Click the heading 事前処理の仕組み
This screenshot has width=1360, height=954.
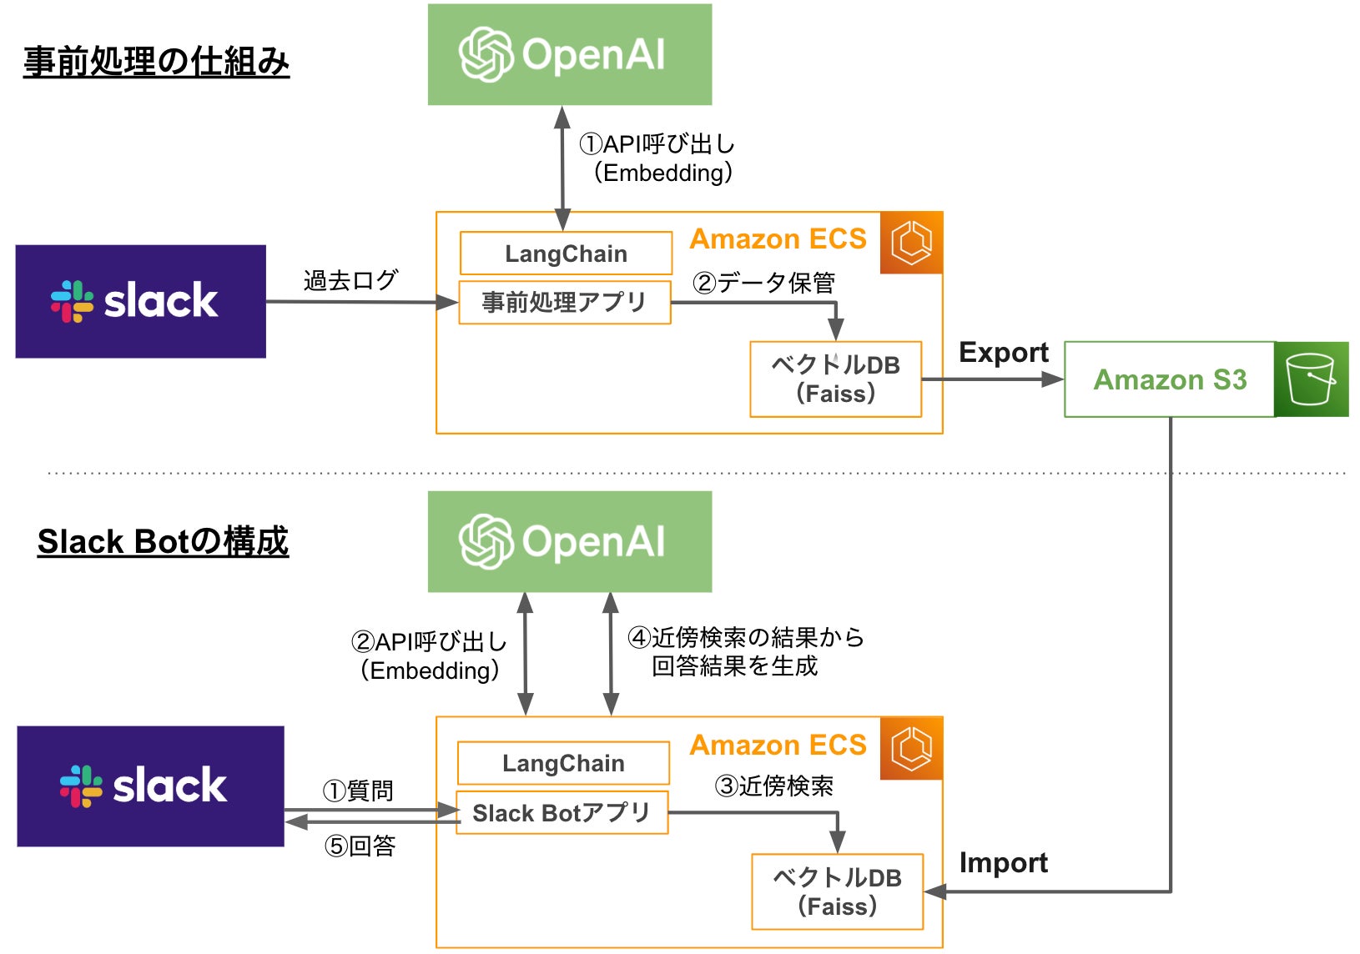point(156,62)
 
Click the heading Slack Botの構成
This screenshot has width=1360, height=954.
point(163,541)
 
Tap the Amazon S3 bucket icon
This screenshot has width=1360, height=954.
point(1312,379)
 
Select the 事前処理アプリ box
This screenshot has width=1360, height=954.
point(565,302)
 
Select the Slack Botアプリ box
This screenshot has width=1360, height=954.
point(562,812)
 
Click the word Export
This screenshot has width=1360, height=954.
point(1004,353)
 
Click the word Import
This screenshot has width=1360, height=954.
point(1004,863)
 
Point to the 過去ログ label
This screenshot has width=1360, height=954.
point(350,280)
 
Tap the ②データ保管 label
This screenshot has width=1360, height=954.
point(763,283)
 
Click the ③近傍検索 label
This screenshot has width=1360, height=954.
point(773,786)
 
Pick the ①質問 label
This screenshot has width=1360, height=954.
point(358,791)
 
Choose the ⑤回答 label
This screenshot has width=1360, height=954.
point(360,846)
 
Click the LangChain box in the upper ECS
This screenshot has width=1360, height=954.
point(567,253)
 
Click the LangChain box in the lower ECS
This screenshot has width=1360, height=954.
point(563,763)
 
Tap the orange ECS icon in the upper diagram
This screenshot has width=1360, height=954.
point(911,243)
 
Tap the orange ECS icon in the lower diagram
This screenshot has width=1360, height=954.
point(911,748)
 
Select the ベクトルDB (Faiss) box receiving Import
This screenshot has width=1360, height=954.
point(837,891)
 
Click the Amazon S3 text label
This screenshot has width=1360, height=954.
point(1170,380)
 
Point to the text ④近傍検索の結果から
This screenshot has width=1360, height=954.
point(746,637)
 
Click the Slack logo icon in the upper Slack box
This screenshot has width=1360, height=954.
point(73,302)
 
